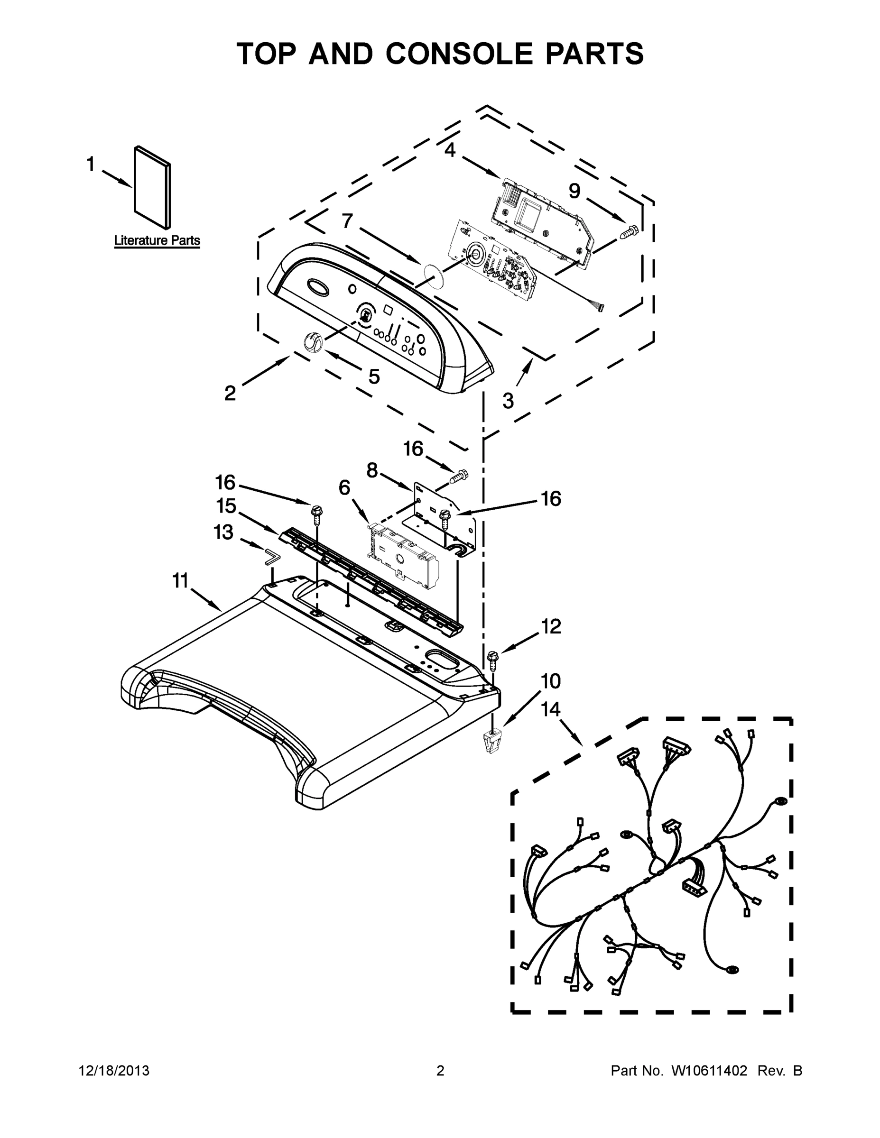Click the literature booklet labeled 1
coord(151,188)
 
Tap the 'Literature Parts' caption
coord(157,241)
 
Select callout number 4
coord(450,151)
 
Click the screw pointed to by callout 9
coord(630,232)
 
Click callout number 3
coord(508,401)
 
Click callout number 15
coord(226,505)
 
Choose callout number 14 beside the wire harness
coord(550,709)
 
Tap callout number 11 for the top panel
coord(180,580)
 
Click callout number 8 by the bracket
coord(372,470)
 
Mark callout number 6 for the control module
coord(344,488)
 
